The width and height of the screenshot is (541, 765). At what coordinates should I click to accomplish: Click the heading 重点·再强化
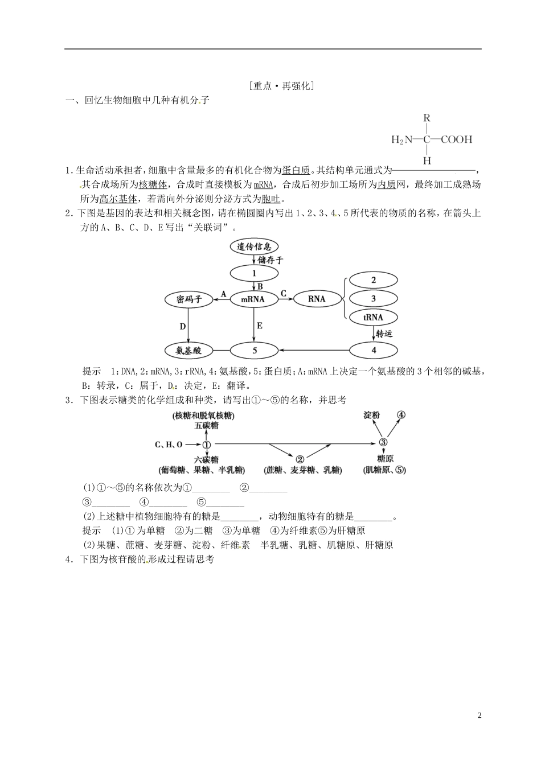(x=282, y=86)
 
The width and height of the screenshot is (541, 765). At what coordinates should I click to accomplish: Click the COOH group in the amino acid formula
(x=456, y=139)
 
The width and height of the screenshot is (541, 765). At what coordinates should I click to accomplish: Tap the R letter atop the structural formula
(x=427, y=118)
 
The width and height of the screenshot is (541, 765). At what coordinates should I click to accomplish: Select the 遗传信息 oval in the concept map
(x=255, y=246)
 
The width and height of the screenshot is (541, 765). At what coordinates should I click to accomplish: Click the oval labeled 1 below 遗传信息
(x=255, y=273)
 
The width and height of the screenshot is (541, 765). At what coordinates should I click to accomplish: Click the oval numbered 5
(x=255, y=350)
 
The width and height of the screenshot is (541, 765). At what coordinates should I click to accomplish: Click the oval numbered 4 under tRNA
(x=374, y=350)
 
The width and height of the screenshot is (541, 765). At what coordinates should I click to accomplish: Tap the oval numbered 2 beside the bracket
(x=374, y=280)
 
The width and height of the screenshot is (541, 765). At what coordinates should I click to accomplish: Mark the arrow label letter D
(x=183, y=326)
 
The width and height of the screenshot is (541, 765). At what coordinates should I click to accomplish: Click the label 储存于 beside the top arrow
(x=270, y=260)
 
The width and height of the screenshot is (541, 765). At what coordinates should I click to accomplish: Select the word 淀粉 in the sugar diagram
(x=372, y=415)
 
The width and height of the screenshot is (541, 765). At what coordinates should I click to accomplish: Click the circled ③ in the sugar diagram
(x=383, y=443)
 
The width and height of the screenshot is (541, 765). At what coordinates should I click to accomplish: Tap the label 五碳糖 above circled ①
(x=206, y=425)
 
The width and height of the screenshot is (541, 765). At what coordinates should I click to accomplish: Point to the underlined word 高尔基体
(x=118, y=199)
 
